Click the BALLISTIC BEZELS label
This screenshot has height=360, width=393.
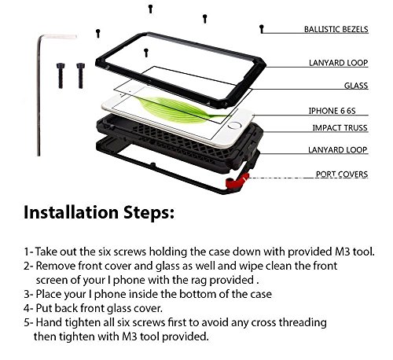[x=336, y=29]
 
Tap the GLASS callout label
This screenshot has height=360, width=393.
[x=356, y=86]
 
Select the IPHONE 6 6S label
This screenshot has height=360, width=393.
[x=332, y=111]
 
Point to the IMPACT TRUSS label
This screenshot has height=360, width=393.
[x=340, y=127]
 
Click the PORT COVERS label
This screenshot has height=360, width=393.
[x=342, y=174]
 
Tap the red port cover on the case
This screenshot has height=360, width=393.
[x=237, y=181]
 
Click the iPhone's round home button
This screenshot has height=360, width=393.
[x=234, y=126]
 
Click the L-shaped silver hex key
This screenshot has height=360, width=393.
[x=39, y=94]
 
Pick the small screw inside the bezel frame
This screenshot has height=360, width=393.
[x=146, y=53]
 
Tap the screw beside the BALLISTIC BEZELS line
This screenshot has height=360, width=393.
[x=261, y=29]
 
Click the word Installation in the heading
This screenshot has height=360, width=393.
[x=71, y=211]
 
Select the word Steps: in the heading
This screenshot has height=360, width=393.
[x=149, y=213]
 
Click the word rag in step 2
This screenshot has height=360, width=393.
[x=199, y=281]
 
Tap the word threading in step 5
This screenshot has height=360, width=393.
[x=303, y=322]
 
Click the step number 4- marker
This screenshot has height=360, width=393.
[x=28, y=308]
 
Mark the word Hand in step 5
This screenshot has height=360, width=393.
[x=49, y=322]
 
